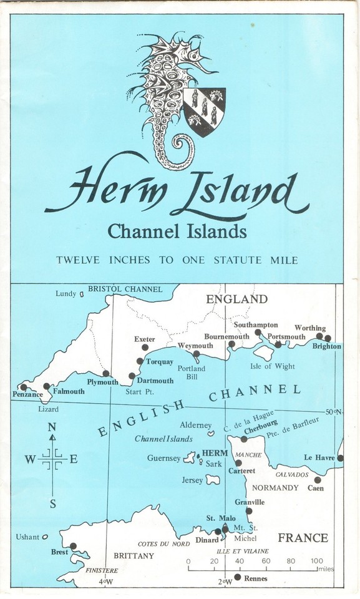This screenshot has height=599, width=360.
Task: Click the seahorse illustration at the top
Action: [165, 100]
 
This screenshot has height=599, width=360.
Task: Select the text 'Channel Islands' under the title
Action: [177, 232]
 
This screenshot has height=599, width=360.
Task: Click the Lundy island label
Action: [66, 293]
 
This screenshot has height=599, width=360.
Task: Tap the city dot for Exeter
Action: [145, 348]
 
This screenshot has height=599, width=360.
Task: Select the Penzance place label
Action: [27, 395]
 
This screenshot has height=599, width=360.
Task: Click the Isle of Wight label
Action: [273, 366]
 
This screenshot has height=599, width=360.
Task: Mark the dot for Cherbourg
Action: [244, 439]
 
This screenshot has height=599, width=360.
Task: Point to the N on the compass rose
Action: [52, 427]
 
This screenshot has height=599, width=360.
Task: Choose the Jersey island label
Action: [192, 480]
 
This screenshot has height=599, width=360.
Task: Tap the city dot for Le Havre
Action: [340, 458]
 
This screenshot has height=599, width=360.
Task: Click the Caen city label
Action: [316, 488]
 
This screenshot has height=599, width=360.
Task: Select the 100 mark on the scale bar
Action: [317, 561]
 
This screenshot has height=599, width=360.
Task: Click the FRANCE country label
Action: [303, 538]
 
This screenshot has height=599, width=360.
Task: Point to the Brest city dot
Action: [73, 546]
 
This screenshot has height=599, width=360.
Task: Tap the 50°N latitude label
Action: [334, 411]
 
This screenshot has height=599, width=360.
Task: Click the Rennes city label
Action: [256, 578]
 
